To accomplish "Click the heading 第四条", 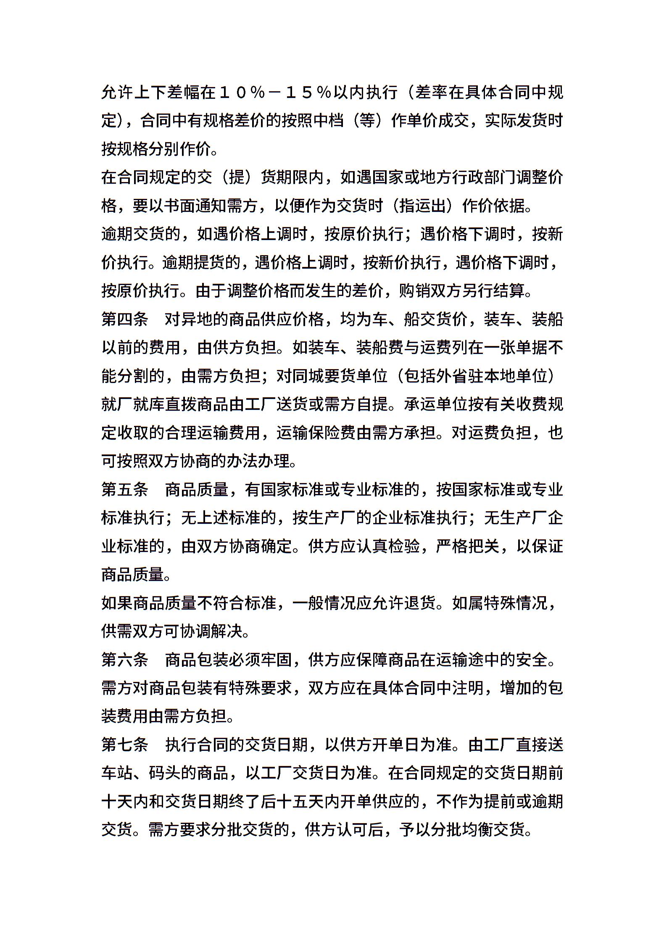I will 125,319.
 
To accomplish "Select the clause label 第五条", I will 125,489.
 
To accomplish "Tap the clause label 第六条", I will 125,660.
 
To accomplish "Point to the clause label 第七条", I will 125,745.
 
